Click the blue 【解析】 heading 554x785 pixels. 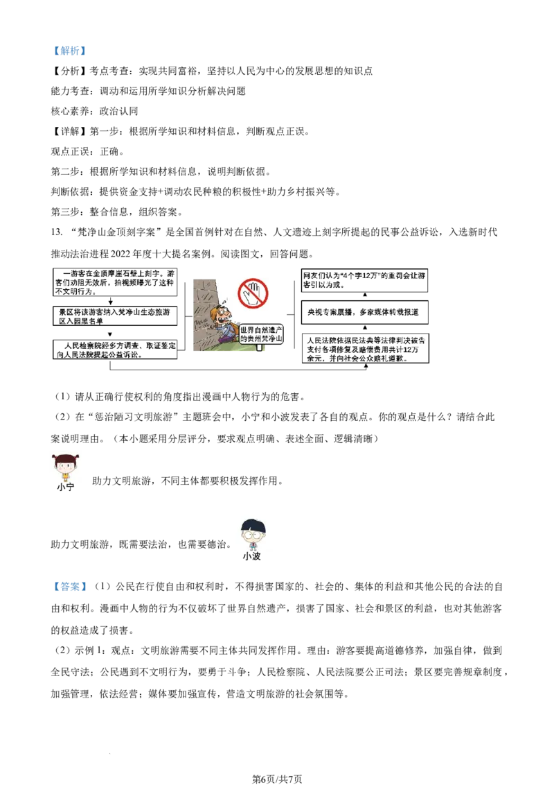(x=69, y=51)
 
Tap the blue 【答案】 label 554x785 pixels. (x=69, y=586)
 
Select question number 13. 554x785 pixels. (x=57, y=232)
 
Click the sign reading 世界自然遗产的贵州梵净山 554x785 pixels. (x=261, y=334)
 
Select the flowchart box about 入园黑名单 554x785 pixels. (x=115, y=316)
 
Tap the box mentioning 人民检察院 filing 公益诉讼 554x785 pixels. (x=115, y=350)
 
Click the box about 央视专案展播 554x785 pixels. (x=364, y=312)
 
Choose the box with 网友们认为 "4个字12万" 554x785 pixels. (x=364, y=280)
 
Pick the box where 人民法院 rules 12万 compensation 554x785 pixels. (x=365, y=348)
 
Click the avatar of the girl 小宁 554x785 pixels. (x=66, y=467)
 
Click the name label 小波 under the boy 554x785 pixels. (x=252, y=556)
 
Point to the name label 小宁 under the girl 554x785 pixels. (x=66, y=487)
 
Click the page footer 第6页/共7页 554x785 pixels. (x=277, y=779)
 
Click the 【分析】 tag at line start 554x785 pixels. (x=69, y=71)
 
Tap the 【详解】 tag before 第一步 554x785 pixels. (x=69, y=131)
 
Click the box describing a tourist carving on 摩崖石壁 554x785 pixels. (x=115, y=282)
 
